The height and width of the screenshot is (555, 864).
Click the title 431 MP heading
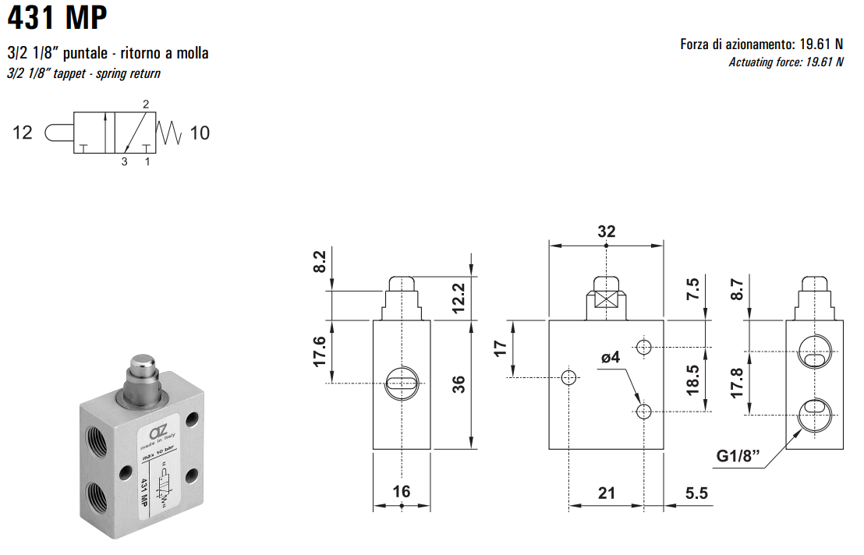pos(57,18)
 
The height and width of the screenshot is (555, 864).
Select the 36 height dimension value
pos(459,384)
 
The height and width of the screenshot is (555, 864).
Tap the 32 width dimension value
pos(606,232)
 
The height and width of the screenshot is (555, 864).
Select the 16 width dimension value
pos(401,491)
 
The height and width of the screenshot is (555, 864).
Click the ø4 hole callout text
pos(610,358)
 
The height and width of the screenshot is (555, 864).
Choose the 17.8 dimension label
pos(737,384)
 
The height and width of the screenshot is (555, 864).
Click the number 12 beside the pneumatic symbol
pos(23,133)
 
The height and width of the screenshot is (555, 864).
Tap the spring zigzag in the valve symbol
pos(169,133)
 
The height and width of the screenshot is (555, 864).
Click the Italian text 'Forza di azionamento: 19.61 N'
pos(761,44)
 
